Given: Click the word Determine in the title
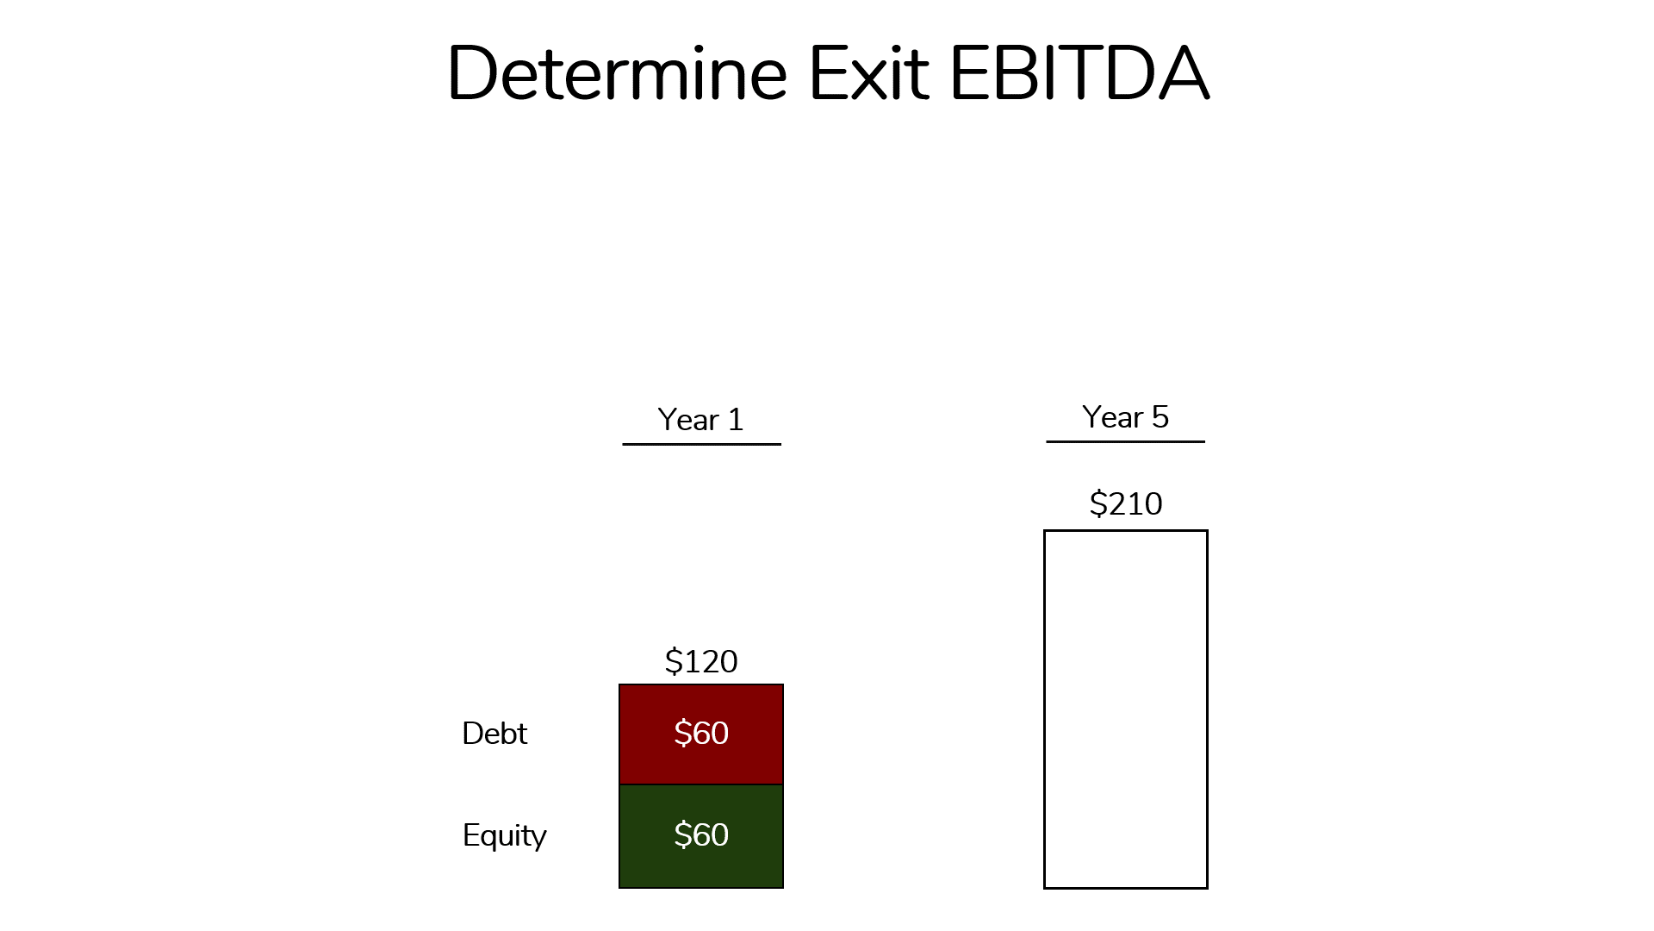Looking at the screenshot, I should click(617, 73).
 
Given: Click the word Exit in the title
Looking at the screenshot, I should click(868, 73).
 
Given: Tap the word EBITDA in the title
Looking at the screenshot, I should click(1079, 73).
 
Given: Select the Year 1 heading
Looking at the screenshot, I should click(700, 420).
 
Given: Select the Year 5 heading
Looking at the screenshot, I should click(1125, 417).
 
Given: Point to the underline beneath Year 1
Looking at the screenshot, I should click(701, 444).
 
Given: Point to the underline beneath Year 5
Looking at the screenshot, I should click(1125, 441).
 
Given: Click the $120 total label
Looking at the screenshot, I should click(701, 661).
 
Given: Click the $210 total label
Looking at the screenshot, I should click(1125, 503).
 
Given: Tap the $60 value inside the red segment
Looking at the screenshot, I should click(701, 733).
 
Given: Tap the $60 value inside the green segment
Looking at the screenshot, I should click(701, 834).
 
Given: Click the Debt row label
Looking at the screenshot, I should click(494, 734).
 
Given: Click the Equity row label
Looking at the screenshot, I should click(504, 835).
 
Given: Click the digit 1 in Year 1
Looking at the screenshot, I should click(736, 420).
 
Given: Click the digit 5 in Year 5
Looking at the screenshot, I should click(1160, 417).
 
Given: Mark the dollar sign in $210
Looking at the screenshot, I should click(1097, 503).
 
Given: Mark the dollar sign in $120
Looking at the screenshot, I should click(673, 661).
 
